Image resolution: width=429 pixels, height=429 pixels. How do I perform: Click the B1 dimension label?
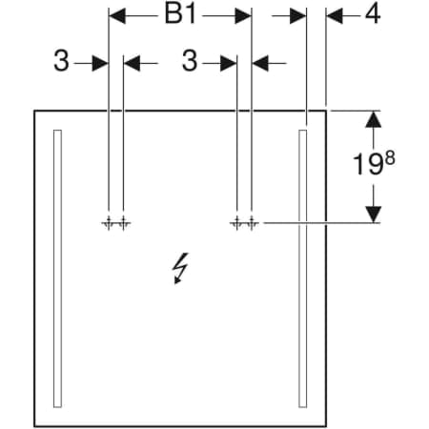point(180,14)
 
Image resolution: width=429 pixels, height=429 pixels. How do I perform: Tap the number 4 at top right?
point(373,14)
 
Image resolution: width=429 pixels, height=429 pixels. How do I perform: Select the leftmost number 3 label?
point(61,61)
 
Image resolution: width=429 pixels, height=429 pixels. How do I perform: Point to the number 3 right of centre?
point(190,61)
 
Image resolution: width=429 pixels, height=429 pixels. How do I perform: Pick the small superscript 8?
point(390,158)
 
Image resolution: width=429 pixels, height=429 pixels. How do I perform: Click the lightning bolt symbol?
point(179,269)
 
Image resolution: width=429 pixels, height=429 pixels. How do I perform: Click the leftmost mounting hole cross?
point(109,223)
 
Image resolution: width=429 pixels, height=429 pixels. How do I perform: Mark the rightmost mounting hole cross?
point(252,223)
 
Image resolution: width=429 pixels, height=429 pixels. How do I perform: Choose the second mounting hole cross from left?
point(123,223)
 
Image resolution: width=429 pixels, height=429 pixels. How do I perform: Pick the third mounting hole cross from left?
point(236,223)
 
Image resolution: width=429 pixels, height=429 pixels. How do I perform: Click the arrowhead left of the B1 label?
point(117,16)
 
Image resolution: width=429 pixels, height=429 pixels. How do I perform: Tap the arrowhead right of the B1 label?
point(243,16)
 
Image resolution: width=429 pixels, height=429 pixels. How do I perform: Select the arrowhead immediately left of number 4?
point(335,16)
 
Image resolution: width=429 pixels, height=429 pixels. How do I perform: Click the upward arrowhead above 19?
point(373,119)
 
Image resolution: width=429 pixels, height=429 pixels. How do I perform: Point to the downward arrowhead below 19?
point(373,214)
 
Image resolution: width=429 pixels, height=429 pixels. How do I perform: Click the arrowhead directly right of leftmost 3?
point(100,63)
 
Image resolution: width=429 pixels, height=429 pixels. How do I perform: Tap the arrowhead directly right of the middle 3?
point(229,63)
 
